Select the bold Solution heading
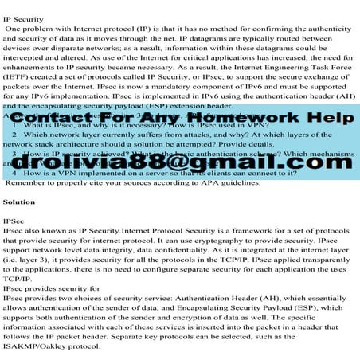tap(19, 202)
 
